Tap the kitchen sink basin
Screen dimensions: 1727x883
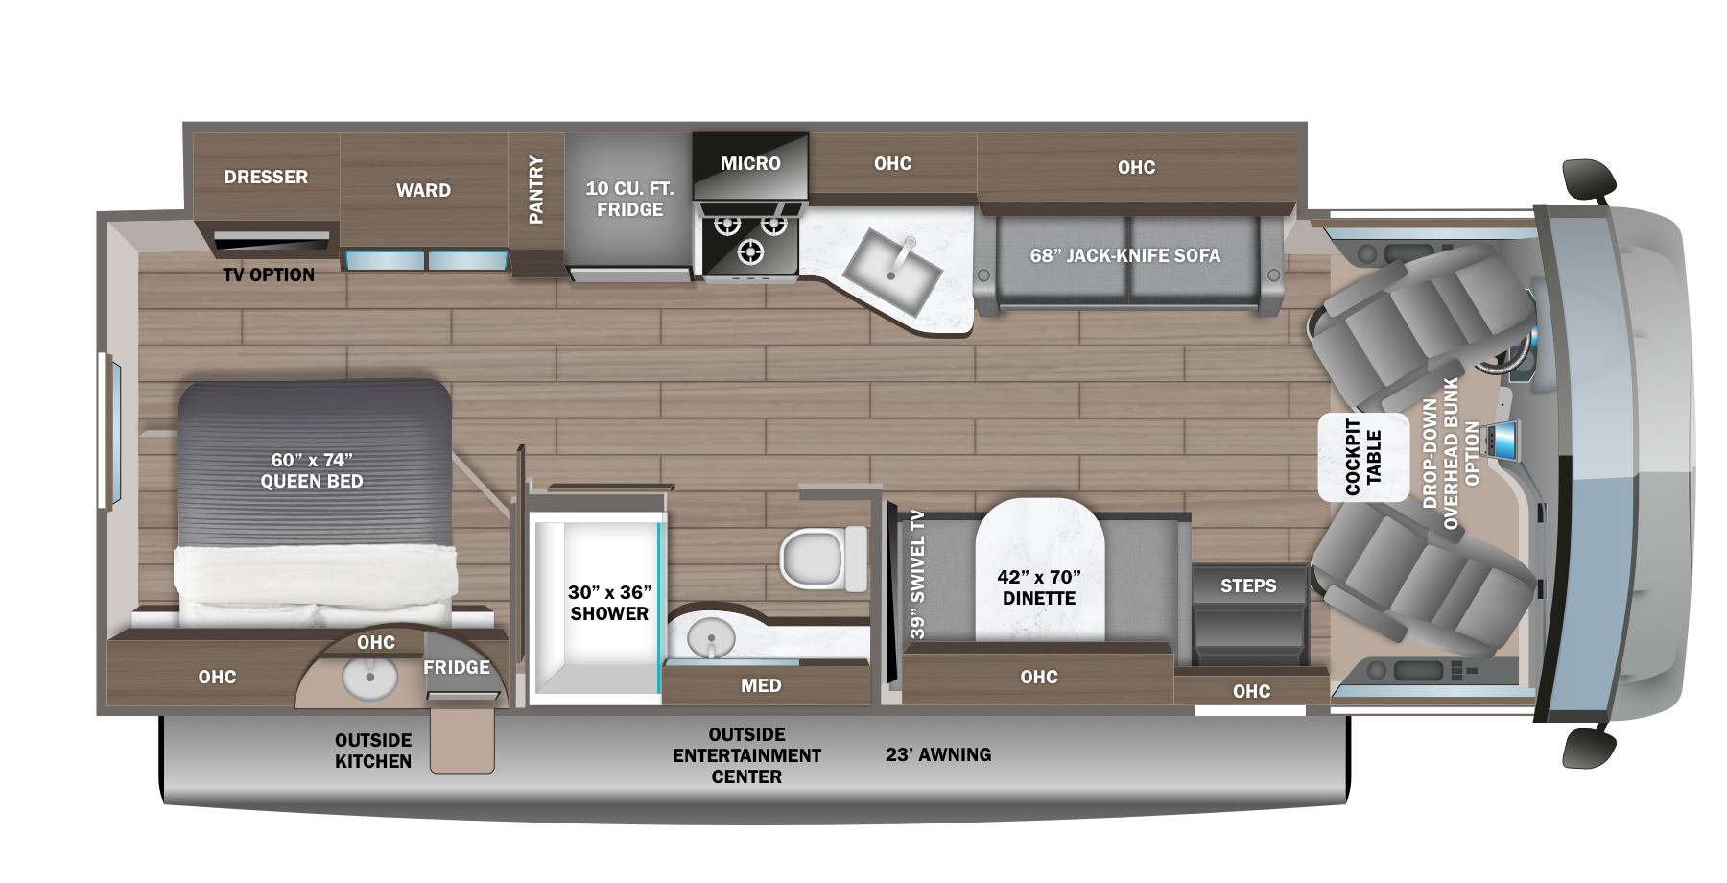[x=892, y=271]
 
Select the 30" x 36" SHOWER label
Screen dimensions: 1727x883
[x=609, y=603]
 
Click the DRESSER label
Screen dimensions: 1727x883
[x=266, y=177]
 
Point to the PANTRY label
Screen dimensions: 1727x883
[x=535, y=190]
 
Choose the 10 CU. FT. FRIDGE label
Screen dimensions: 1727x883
[x=629, y=199]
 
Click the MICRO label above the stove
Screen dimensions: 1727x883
[x=750, y=163]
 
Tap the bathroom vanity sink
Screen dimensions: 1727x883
[x=710, y=637]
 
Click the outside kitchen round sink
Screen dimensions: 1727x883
[x=369, y=680]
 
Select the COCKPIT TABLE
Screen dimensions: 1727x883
[x=1363, y=457]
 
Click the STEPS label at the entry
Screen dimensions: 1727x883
[x=1248, y=585]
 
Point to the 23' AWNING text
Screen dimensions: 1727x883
[x=938, y=754]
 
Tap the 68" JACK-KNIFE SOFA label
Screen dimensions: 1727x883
[x=1125, y=255]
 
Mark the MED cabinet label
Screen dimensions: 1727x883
[x=761, y=685]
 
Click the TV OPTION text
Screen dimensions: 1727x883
[x=269, y=274]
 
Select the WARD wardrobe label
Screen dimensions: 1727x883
[x=423, y=190]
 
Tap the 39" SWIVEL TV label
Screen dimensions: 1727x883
[x=918, y=574]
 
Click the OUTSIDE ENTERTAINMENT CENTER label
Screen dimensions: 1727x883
[x=746, y=755]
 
